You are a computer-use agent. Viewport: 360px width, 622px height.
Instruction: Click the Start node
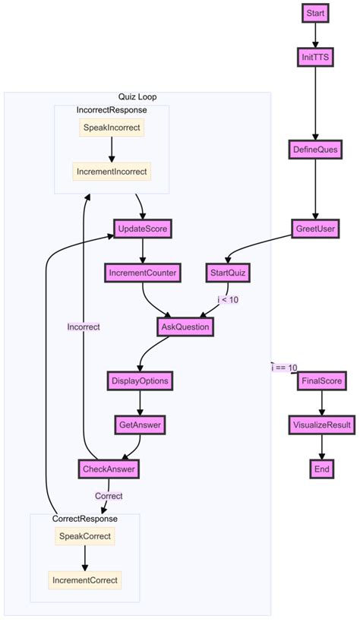click(315, 13)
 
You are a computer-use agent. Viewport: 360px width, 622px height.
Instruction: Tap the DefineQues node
click(315, 150)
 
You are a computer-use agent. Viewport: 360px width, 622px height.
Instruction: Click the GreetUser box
click(315, 229)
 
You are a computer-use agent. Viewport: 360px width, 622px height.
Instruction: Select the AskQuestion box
click(185, 327)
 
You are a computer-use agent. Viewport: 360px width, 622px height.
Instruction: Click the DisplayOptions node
click(140, 380)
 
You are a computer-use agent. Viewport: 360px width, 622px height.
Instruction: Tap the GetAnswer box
click(140, 424)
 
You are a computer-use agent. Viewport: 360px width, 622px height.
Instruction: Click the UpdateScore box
click(142, 228)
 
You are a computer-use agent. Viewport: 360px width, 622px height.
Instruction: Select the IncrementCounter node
click(142, 272)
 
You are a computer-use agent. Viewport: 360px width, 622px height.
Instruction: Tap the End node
click(322, 469)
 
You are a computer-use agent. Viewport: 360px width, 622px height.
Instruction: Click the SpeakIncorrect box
click(112, 127)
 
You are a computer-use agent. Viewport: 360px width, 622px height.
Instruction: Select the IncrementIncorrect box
click(112, 171)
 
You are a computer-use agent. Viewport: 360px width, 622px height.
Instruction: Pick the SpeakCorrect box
click(84, 536)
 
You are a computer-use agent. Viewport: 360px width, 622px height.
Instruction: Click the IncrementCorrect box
click(84, 580)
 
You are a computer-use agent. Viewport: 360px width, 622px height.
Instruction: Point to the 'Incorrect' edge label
click(84, 327)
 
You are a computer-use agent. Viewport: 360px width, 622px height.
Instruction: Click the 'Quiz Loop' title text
click(137, 96)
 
